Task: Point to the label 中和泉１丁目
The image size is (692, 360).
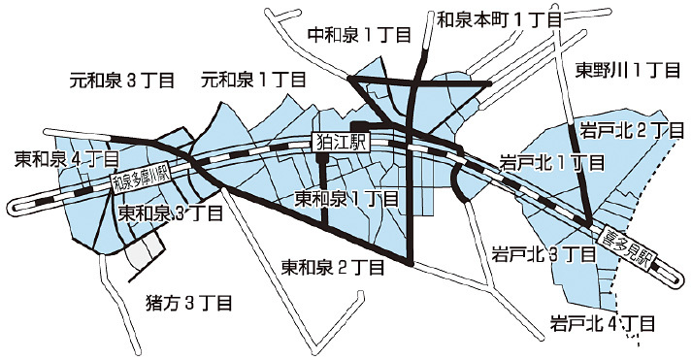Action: point(359,34)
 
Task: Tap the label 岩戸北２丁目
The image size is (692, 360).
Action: point(627,129)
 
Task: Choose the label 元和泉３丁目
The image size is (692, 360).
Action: point(122,80)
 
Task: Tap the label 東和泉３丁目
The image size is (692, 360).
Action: point(171,213)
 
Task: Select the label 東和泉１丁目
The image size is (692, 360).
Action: point(346,199)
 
